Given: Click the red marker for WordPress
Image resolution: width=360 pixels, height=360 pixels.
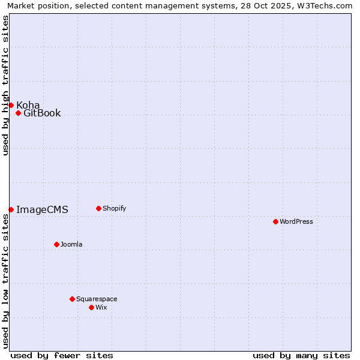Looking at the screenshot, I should click(275, 221).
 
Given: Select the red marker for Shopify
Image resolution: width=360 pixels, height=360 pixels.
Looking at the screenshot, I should click(98, 208).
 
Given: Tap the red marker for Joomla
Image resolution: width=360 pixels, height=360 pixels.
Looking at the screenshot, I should click(56, 244).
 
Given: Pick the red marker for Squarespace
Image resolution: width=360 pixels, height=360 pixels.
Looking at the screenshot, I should click(72, 299).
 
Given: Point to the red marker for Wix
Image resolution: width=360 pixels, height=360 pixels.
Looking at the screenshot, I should click(91, 307).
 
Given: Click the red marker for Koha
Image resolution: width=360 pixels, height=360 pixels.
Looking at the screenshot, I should click(11, 105).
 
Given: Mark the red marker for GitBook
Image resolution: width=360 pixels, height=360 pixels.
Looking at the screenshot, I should click(18, 113).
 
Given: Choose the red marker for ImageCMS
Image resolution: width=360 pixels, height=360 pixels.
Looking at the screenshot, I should click(11, 209).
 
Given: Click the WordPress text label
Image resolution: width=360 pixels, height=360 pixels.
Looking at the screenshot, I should click(296, 221).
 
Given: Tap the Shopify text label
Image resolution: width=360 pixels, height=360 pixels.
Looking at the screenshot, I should click(115, 208).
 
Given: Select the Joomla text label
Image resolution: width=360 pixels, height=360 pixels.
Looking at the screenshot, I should click(71, 244).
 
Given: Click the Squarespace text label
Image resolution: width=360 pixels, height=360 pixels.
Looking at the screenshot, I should click(97, 299).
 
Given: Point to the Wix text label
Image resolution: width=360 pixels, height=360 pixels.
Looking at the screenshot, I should click(101, 307).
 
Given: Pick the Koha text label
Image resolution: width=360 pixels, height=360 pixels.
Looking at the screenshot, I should click(28, 106).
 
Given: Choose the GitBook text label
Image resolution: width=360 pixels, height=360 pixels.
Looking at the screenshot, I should click(42, 113).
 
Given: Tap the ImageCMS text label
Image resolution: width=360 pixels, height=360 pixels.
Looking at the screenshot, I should click(42, 210).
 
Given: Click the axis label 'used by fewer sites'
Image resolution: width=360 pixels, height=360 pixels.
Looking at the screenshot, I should click(62, 355).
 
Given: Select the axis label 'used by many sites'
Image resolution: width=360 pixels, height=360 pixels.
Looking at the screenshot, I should click(301, 355).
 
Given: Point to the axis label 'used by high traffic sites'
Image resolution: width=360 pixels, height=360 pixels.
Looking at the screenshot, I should click(5, 85).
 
